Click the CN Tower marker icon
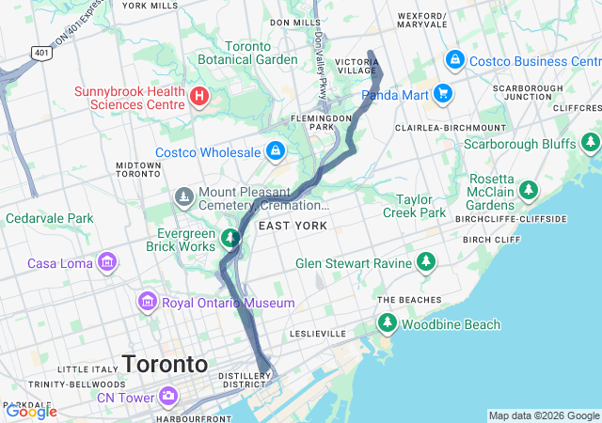(168, 396)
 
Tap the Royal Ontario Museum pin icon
(147, 303)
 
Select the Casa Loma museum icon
(107, 262)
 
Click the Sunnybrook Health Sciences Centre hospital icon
(199, 96)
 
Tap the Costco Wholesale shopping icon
(275, 150)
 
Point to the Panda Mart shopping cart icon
(443, 94)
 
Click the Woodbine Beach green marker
(387, 323)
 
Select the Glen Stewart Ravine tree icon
(427, 261)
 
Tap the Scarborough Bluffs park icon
(590, 143)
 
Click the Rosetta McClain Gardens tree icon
(529, 191)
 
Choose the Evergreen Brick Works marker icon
(230, 239)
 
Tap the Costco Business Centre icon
(455, 60)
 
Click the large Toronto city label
(165, 364)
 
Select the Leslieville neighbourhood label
(319, 334)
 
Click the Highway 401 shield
(42, 54)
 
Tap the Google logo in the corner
(31, 411)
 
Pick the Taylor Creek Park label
(420, 206)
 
